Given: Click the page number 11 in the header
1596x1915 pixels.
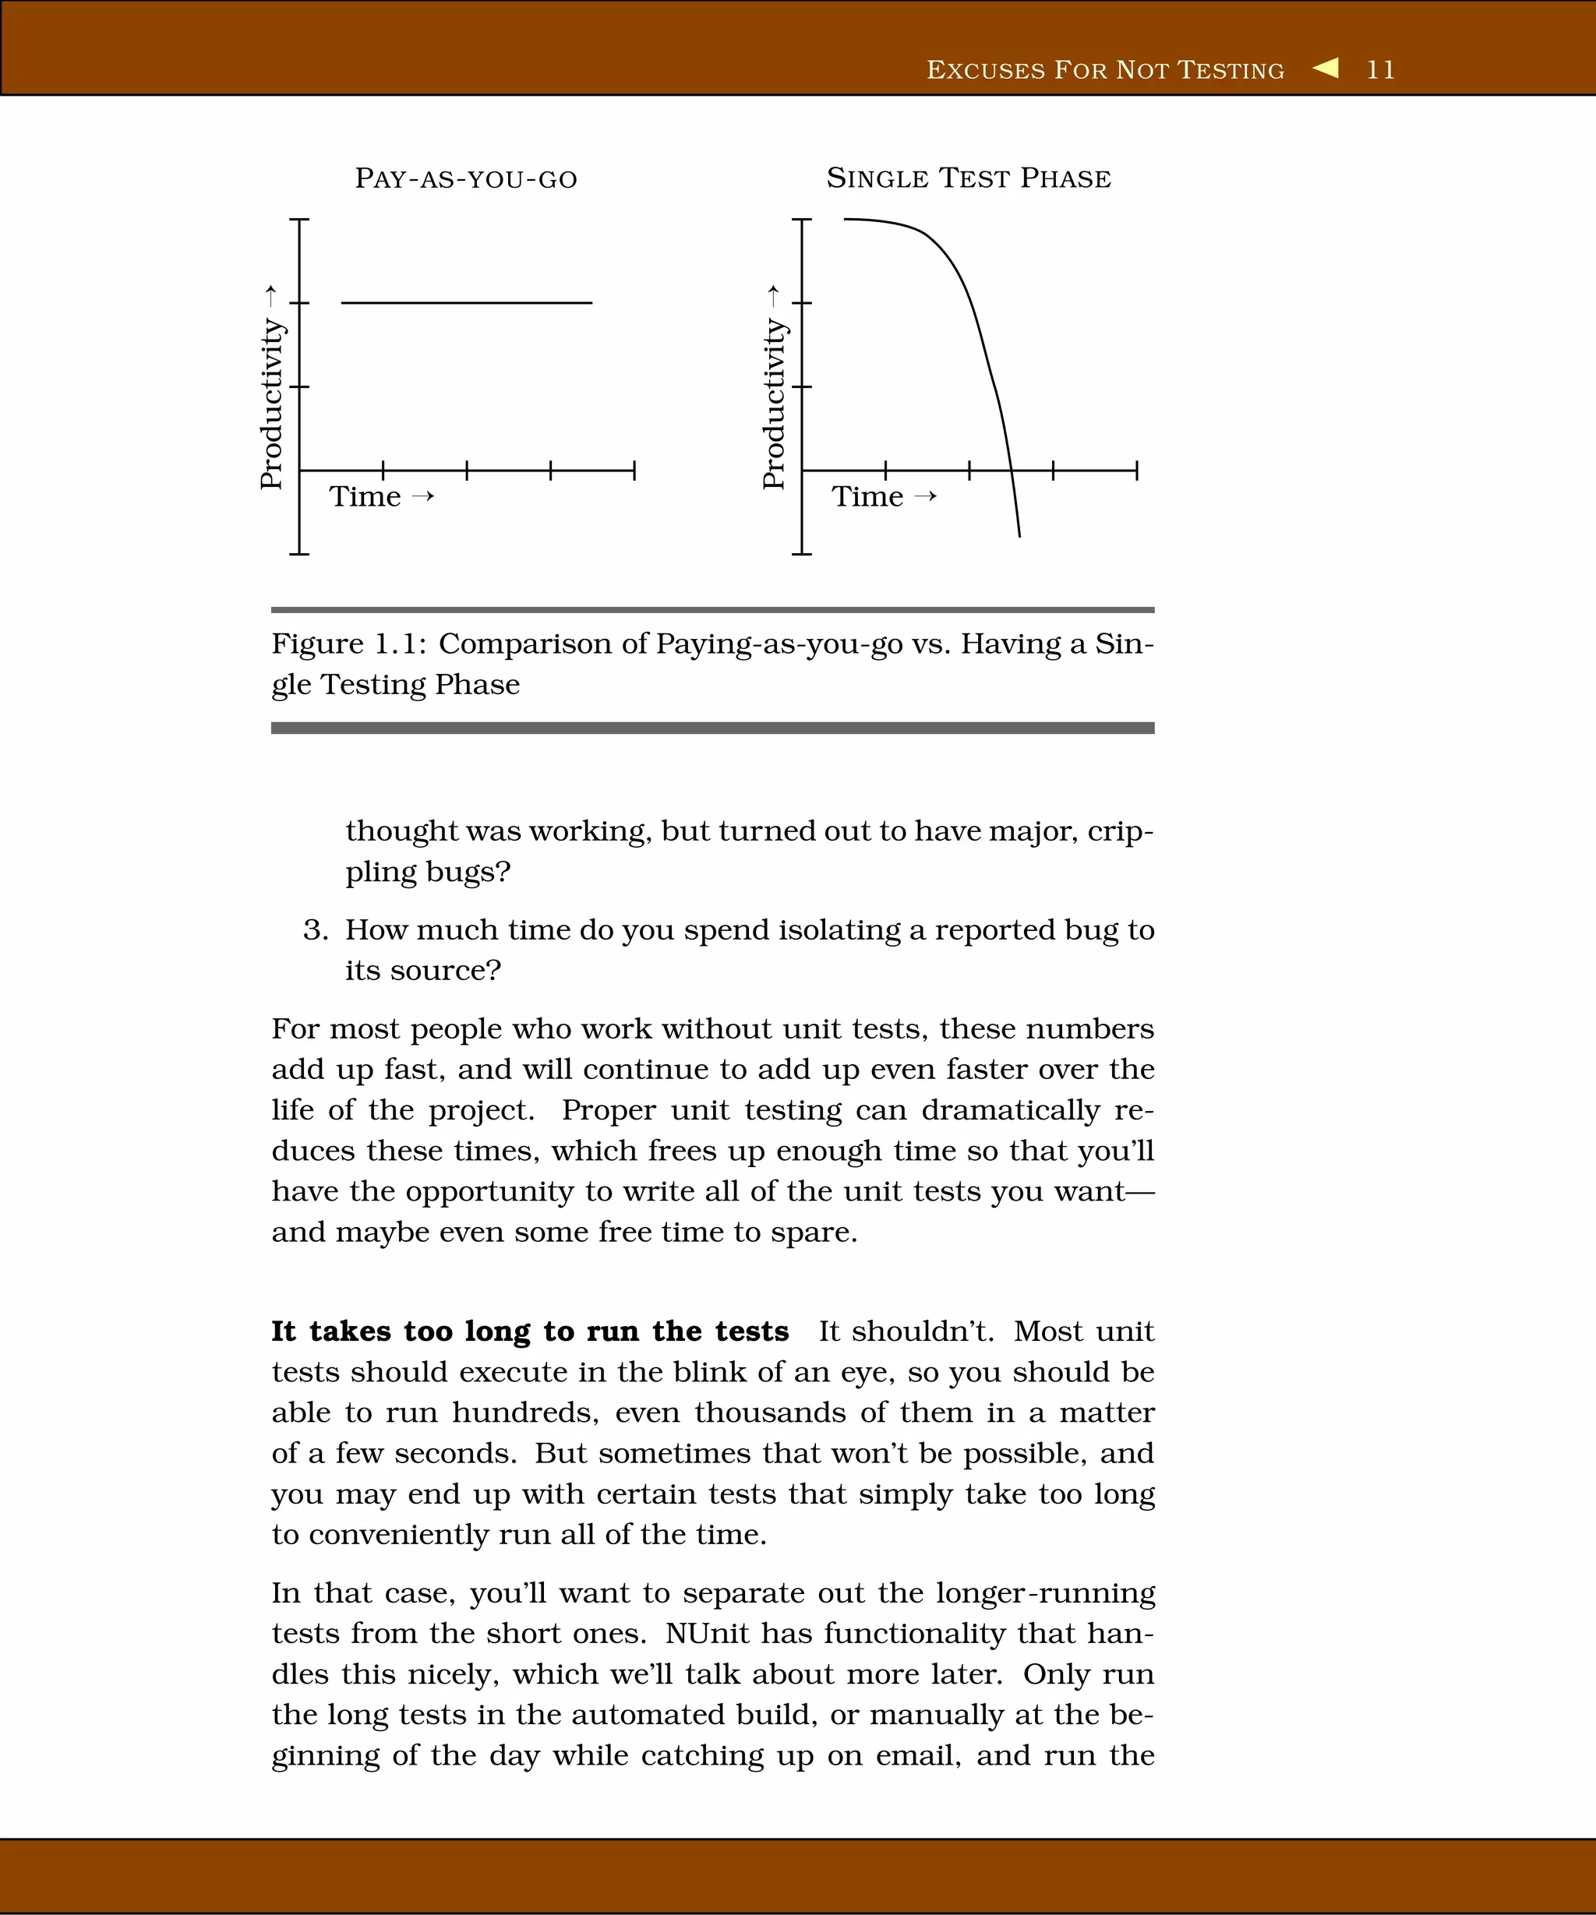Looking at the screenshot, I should pos(1380,70).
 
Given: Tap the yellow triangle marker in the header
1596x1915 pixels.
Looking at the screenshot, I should pos(1326,68).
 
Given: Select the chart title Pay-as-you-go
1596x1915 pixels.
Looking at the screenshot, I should pos(466,178).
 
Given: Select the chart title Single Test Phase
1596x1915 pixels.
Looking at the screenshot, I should pos(969,178).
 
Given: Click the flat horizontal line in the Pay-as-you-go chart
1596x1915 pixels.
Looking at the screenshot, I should pos(466,302).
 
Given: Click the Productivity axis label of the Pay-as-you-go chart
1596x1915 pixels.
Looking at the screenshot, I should pos(272,402).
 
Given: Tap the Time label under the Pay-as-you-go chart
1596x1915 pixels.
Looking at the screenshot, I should pos(365,497).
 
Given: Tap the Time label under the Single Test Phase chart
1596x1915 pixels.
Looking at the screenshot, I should pos(867,497).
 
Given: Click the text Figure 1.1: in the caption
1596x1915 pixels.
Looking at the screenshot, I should pos(348,644).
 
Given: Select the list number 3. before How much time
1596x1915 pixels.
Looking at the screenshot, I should pos(316,930).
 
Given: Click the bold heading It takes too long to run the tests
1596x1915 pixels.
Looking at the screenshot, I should pos(529,1331).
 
